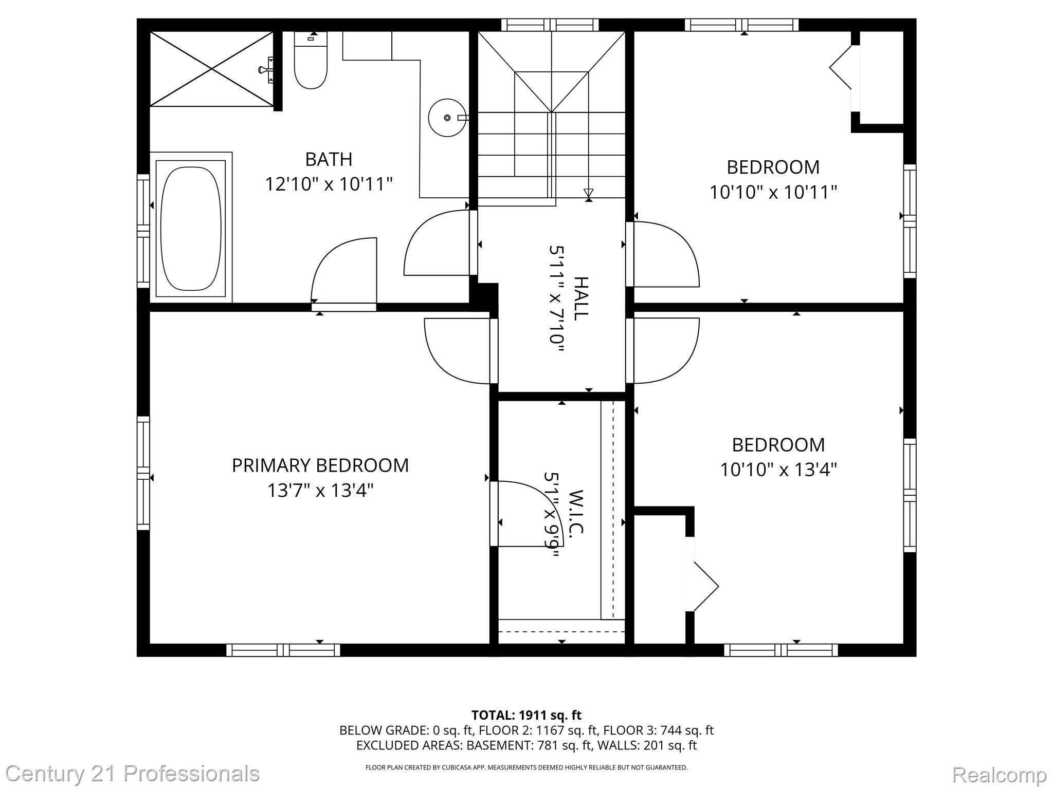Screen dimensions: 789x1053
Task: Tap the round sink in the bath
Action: click(x=447, y=118)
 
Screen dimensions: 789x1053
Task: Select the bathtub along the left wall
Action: click(x=191, y=228)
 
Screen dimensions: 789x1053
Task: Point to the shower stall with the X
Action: click(x=211, y=69)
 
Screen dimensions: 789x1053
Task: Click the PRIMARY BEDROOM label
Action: click(x=320, y=465)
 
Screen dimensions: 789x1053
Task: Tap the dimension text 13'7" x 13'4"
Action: click(x=320, y=491)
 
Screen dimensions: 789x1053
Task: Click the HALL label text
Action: click(x=580, y=298)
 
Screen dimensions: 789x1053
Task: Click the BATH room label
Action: click(x=329, y=159)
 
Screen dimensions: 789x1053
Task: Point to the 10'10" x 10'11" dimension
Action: click(x=773, y=193)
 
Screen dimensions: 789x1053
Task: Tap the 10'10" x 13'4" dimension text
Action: click(x=778, y=469)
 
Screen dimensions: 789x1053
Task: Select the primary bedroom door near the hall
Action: click(x=458, y=351)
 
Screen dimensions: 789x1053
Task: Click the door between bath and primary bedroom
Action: click(x=343, y=272)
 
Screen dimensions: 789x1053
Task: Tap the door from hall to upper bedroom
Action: click(x=666, y=254)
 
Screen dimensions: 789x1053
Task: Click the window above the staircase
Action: click(x=550, y=25)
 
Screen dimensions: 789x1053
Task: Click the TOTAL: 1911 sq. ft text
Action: click(x=526, y=715)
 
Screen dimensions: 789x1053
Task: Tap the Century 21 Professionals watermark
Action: click(x=132, y=774)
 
